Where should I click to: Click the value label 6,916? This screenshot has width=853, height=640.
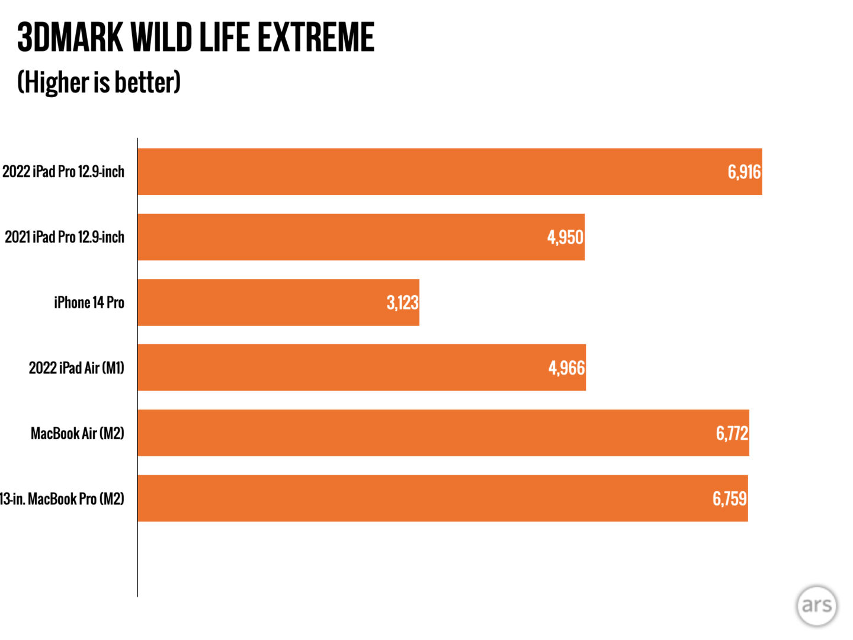(x=744, y=172)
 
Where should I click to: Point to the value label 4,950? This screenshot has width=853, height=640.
(x=565, y=237)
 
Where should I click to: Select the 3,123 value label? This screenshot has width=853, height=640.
(x=402, y=302)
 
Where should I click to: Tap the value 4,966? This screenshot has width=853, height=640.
(x=566, y=367)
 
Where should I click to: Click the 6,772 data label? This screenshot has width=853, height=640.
(x=732, y=433)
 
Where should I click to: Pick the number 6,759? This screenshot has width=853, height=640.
(x=729, y=498)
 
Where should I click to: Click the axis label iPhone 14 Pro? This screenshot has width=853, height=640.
(x=89, y=302)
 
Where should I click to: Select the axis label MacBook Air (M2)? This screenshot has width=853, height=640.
(x=78, y=433)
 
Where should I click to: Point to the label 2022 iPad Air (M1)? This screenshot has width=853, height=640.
(x=76, y=367)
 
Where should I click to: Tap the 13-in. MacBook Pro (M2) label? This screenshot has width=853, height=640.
(x=62, y=498)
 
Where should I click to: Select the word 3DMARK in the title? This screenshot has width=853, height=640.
(x=70, y=37)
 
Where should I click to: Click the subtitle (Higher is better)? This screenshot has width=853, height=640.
(x=99, y=82)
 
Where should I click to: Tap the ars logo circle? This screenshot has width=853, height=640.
(x=816, y=606)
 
